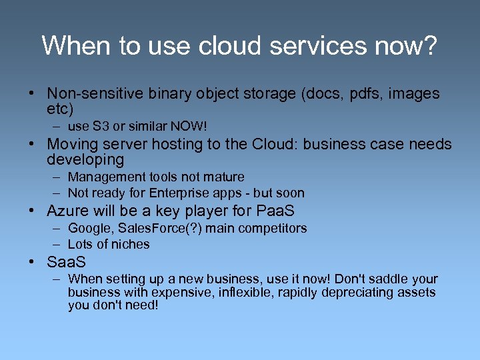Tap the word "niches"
(x=129, y=245)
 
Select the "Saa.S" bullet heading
(x=66, y=262)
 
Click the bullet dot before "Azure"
(x=33, y=211)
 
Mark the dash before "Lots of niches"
(x=58, y=245)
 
